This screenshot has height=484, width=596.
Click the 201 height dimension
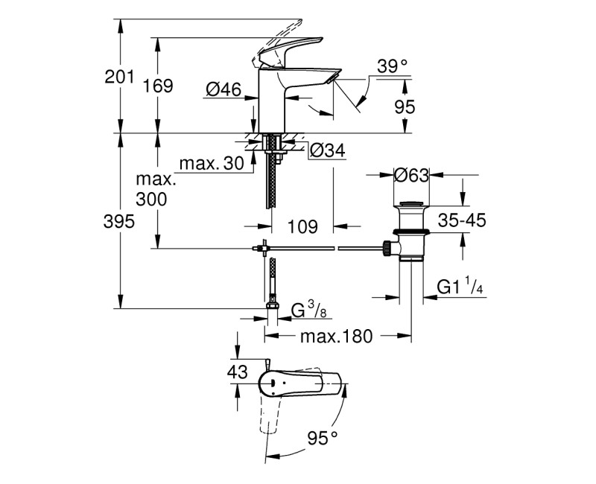121,77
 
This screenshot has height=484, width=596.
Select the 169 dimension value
158,86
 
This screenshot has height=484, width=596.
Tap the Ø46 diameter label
223,90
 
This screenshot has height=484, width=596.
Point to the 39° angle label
393,66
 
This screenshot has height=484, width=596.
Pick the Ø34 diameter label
326,150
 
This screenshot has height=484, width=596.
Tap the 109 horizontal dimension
302,226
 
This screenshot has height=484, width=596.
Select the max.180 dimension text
335,336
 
